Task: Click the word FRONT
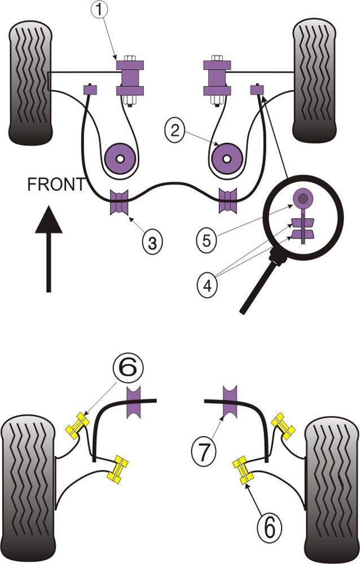click(56, 184)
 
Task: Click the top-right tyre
click(315, 81)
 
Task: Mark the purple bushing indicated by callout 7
click(230, 402)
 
